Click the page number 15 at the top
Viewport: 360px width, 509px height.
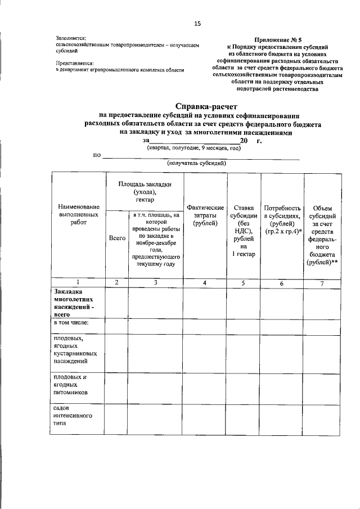[197, 23]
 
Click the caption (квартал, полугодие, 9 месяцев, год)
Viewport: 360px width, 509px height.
[194, 147]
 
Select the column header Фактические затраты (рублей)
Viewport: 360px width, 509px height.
[205, 216]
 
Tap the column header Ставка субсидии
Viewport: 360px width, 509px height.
[244, 231]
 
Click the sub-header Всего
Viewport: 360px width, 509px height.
[117, 238]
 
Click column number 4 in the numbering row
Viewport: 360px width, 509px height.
[205, 282]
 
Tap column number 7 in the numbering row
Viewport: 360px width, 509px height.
[322, 283]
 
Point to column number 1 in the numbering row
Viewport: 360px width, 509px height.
[78, 282]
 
